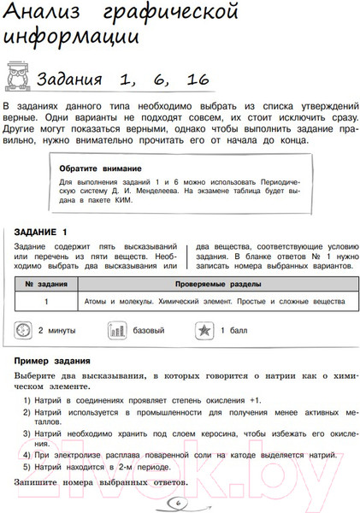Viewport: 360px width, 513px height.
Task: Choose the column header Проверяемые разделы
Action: point(215,283)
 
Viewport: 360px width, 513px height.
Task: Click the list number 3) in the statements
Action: point(27,433)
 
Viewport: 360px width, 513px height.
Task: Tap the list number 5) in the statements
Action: point(27,467)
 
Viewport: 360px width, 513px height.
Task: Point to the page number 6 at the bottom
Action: point(178,502)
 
